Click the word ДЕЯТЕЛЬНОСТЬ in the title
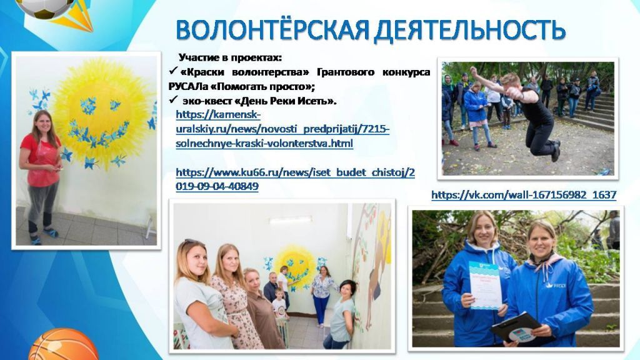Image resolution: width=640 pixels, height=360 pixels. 470,29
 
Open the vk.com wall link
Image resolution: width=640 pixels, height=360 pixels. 524,195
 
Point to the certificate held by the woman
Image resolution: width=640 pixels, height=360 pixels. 485,284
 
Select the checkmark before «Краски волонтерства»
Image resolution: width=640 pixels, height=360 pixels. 173,72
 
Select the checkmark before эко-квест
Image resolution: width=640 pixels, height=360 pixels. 173,100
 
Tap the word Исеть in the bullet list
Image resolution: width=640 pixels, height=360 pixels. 317,101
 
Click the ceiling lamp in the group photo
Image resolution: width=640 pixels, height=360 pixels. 289,220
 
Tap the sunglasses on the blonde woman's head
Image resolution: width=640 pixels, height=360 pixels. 193,242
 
